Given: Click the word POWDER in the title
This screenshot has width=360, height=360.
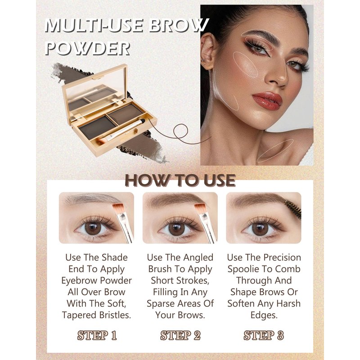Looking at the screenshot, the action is coord(87,48).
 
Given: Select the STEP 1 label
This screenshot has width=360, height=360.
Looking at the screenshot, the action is coord(97,335).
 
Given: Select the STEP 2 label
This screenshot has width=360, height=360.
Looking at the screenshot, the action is coord(180,335).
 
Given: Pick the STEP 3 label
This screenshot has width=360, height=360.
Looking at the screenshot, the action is coord(264,335).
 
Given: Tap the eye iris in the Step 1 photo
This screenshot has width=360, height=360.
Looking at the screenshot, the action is coord(93,228).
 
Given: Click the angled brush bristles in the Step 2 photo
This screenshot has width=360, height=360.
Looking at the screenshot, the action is coord(200,208).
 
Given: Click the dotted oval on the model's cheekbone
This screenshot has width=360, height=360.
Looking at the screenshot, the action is coord(245,64).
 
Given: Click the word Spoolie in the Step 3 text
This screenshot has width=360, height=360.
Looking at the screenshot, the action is coord(245,270).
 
